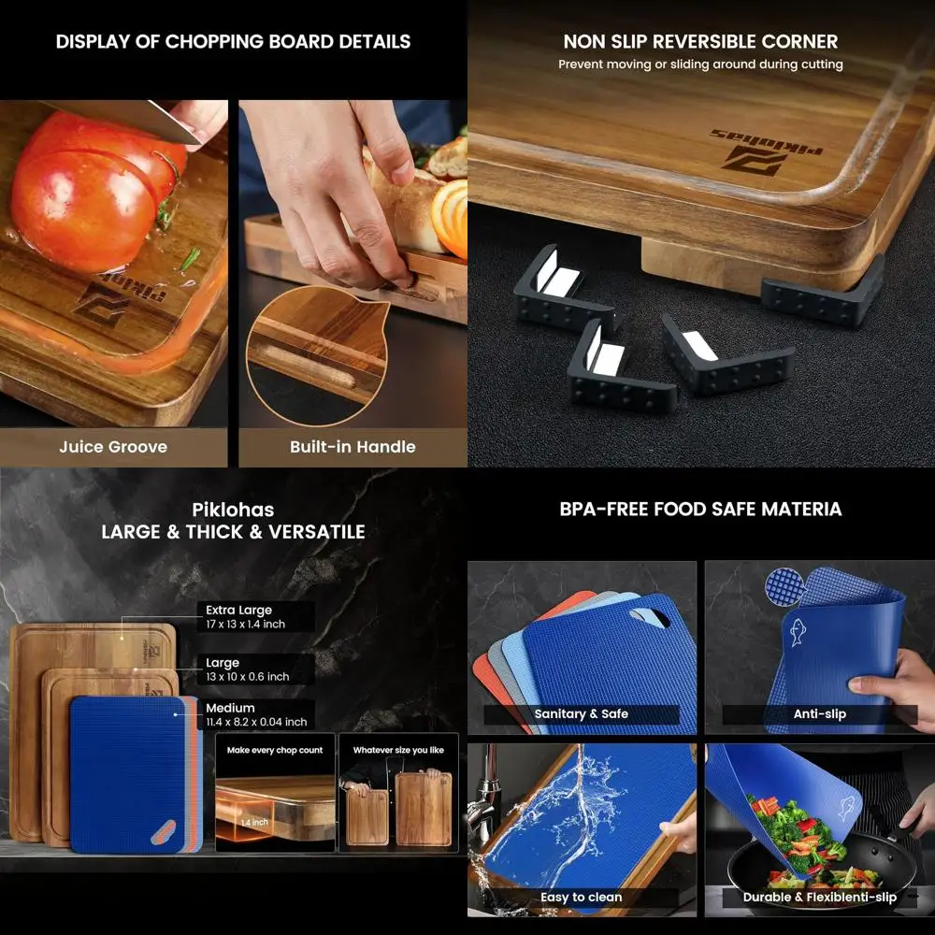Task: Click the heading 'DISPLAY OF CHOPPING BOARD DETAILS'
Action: click(233, 42)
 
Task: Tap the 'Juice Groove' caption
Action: click(113, 447)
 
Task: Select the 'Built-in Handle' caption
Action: click(352, 447)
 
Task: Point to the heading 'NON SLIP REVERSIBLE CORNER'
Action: click(700, 42)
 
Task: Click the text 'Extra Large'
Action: click(239, 611)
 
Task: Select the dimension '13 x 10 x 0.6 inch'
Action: click(248, 676)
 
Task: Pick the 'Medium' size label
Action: click(230, 708)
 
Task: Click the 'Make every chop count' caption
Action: click(275, 750)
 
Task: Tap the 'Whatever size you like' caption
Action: click(398, 750)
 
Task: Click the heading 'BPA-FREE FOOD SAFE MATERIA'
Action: click(700, 510)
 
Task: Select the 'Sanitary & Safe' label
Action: click(581, 714)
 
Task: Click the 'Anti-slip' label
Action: click(819, 714)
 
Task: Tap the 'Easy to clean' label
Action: click(581, 898)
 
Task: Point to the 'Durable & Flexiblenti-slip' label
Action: click(819, 898)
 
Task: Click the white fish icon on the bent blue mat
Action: click(798, 632)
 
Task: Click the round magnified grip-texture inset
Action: click(783, 584)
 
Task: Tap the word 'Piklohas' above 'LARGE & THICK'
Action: click(233, 510)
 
